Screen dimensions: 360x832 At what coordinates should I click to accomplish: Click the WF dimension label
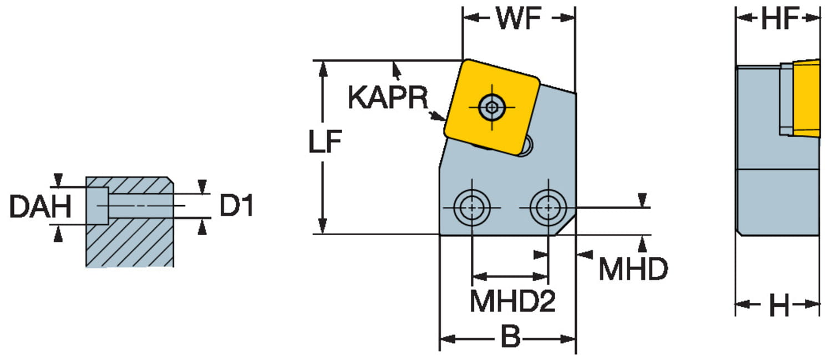point(519,19)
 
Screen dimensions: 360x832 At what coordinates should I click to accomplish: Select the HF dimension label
point(779,19)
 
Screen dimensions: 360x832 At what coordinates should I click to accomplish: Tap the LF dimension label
point(325,143)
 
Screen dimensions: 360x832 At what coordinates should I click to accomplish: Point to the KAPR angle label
point(388,98)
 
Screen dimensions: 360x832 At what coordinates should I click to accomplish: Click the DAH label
point(40,207)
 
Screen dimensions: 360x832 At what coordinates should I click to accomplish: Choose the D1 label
point(236,206)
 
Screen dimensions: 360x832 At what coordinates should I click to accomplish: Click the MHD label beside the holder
point(633,270)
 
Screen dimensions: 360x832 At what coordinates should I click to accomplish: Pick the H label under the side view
point(778,305)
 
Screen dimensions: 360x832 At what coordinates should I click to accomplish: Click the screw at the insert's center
point(491,105)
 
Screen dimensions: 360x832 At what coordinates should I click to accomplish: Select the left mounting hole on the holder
point(471,207)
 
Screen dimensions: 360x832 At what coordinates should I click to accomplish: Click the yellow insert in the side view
point(807,99)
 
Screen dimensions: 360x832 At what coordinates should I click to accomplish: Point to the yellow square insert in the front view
point(491,105)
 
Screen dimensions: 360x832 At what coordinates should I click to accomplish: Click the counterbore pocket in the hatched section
point(97,206)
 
